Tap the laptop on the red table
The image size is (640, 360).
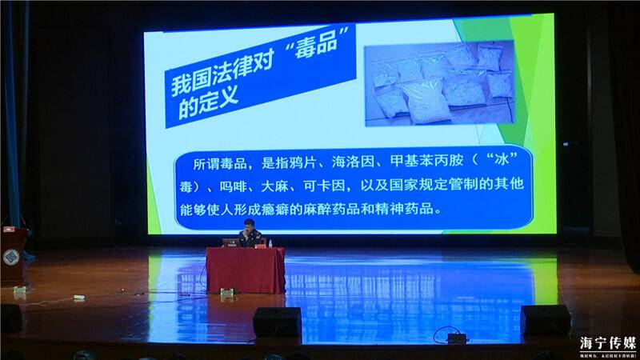[230, 242]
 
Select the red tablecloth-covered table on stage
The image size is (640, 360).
[245, 269]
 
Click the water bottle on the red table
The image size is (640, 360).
[270, 242]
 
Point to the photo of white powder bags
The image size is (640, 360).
[440, 82]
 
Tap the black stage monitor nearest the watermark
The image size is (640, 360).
[546, 319]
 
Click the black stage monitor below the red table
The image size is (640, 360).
[277, 322]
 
